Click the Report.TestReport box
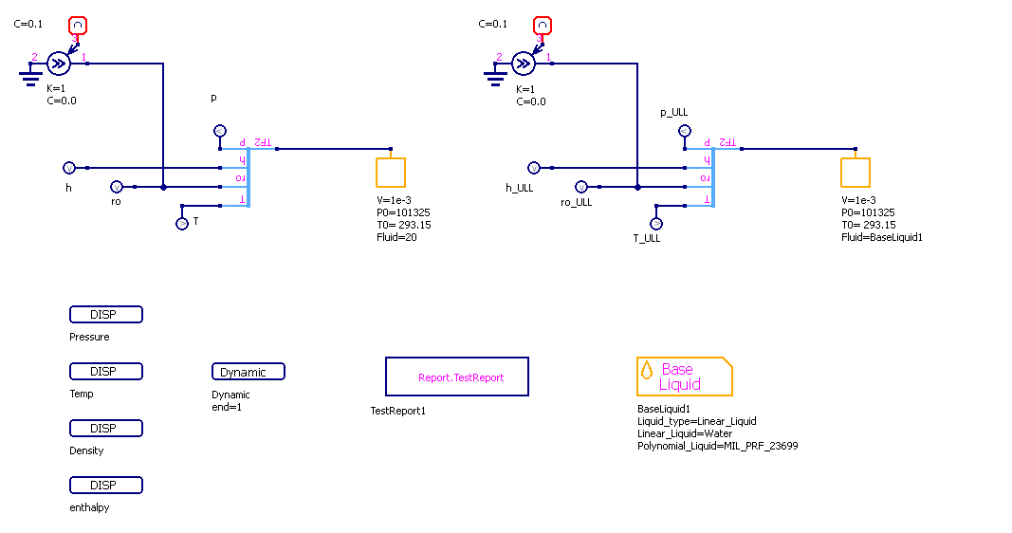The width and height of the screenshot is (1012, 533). click(x=456, y=377)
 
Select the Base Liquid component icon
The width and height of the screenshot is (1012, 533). click(x=684, y=377)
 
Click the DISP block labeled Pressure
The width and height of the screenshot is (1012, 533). click(x=105, y=315)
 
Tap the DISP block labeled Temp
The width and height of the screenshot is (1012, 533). click(x=105, y=372)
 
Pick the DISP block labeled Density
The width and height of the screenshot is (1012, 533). click(x=105, y=429)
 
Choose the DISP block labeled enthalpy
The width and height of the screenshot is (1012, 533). click(x=105, y=486)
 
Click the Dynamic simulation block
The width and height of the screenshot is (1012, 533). click(x=248, y=372)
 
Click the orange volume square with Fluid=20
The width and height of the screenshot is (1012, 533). click(x=391, y=172)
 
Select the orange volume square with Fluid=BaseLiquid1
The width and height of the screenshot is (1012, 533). click(x=856, y=172)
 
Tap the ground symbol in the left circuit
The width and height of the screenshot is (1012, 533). click(x=30, y=75)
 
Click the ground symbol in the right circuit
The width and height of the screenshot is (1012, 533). click(x=495, y=75)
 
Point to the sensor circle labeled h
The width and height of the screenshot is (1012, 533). click(x=68, y=168)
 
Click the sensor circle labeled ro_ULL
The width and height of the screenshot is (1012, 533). click(x=580, y=187)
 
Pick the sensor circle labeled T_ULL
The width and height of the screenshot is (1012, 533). click(x=655, y=223)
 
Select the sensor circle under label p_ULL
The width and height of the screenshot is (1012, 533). click(x=684, y=131)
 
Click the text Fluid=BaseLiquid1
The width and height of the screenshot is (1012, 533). click(x=882, y=237)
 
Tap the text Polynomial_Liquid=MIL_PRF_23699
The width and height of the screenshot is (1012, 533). click(x=717, y=445)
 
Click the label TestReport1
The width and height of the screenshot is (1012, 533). click(x=397, y=411)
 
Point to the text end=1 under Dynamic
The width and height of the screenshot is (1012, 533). click(x=227, y=407)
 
